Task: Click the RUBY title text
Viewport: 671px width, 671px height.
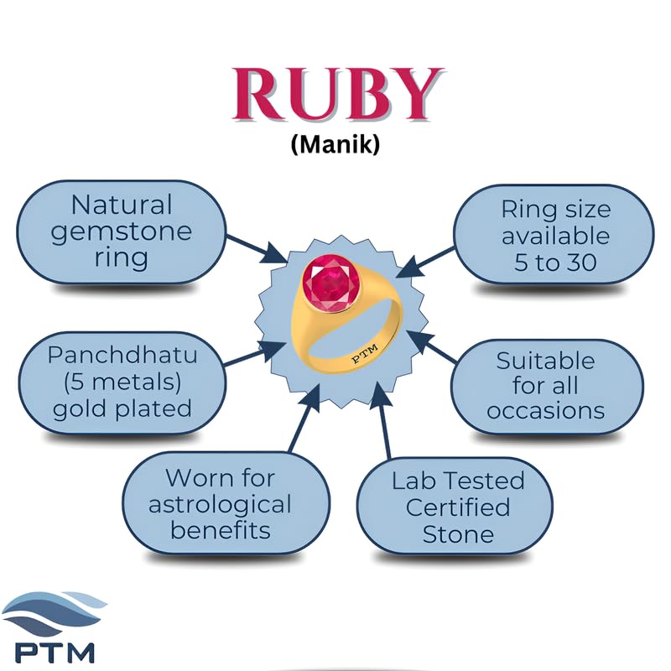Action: coord(338,94)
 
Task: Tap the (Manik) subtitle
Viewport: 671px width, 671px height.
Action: coord(335,144)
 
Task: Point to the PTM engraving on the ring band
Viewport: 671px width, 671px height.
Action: coord(365,353)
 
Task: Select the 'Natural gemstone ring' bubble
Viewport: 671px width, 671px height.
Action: coord(121,232)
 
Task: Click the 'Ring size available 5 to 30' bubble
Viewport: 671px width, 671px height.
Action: coord(554,235)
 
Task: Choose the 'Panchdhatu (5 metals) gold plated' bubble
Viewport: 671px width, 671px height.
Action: coord(122,382)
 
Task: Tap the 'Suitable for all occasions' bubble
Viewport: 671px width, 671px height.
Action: coord(547,387)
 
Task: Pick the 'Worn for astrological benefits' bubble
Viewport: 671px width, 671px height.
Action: coord(226,503)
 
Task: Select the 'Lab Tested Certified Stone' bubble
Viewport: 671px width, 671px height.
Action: coord(455,507)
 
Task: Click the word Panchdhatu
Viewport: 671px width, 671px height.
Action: coord(122,355)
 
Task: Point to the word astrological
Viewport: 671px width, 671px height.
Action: coord(220,505)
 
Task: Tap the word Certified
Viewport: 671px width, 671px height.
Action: coord(458,507)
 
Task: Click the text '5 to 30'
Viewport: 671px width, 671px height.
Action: coord(555,262)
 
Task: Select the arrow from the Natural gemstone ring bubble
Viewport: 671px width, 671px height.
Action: coord(257,249)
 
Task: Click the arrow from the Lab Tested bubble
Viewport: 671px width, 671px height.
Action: coord(382,420)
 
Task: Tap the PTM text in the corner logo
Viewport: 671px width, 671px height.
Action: coord(55,653)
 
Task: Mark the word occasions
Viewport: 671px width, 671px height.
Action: coord(546,411)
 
